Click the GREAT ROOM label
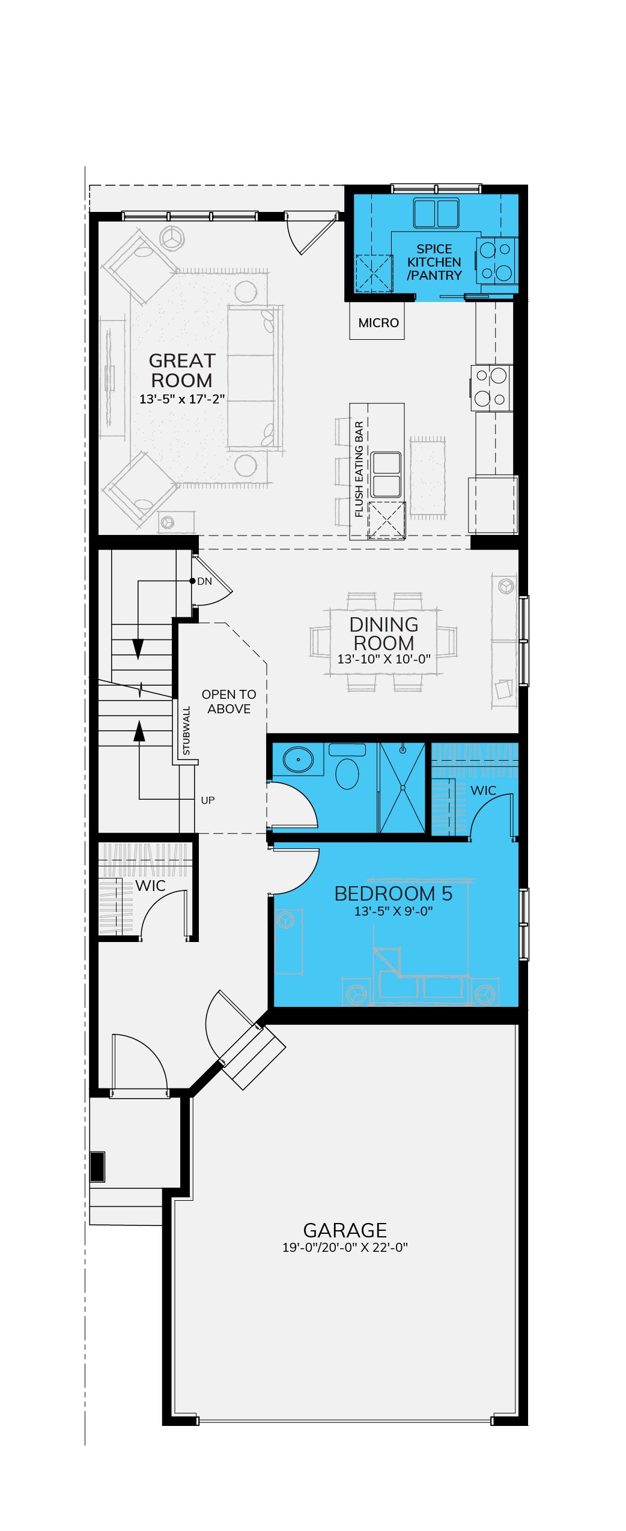[x=181, y=370]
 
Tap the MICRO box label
[x=378, y=323]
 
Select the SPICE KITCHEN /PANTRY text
[x=434, y=262]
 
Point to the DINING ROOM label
[x=384, y=634]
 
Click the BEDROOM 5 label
[x=394, y=894]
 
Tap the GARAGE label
[x=345, y=1230]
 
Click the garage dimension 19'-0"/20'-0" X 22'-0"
[x=345, y=1248]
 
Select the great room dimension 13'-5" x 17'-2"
[x=182, y=399]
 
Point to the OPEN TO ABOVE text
[x=229, y=701]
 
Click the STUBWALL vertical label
[x=186, y=731]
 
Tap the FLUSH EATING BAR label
[x=359, y=469]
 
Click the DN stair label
[x=205, y=581]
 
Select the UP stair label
[x=208, y=800]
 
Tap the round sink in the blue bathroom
[x=298, y=759]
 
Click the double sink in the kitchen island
[x=386, y=474]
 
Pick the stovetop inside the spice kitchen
[x=496, y=261]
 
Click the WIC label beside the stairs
[x=150, y=886]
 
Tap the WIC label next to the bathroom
[x=484, y=791]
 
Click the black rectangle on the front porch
[x=97, y=1167]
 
